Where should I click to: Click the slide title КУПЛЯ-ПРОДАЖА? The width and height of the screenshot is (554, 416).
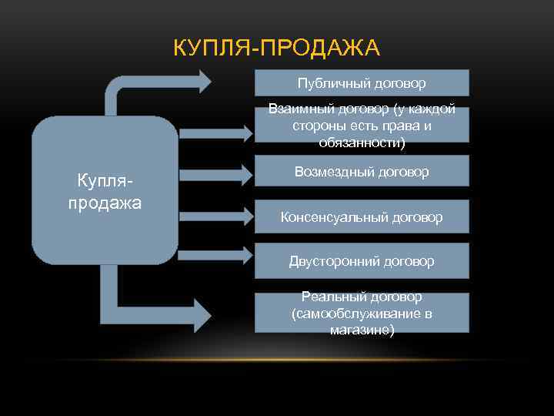276,49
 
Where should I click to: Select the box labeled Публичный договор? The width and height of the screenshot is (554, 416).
362,82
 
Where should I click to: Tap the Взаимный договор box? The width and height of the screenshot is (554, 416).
362,124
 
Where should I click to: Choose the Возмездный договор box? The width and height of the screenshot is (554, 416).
362,171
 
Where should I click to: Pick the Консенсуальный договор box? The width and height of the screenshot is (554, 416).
362,216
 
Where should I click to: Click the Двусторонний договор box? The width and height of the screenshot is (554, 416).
362,260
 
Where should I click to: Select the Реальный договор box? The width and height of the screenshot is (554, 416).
362,312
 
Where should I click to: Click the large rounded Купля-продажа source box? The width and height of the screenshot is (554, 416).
105,191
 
